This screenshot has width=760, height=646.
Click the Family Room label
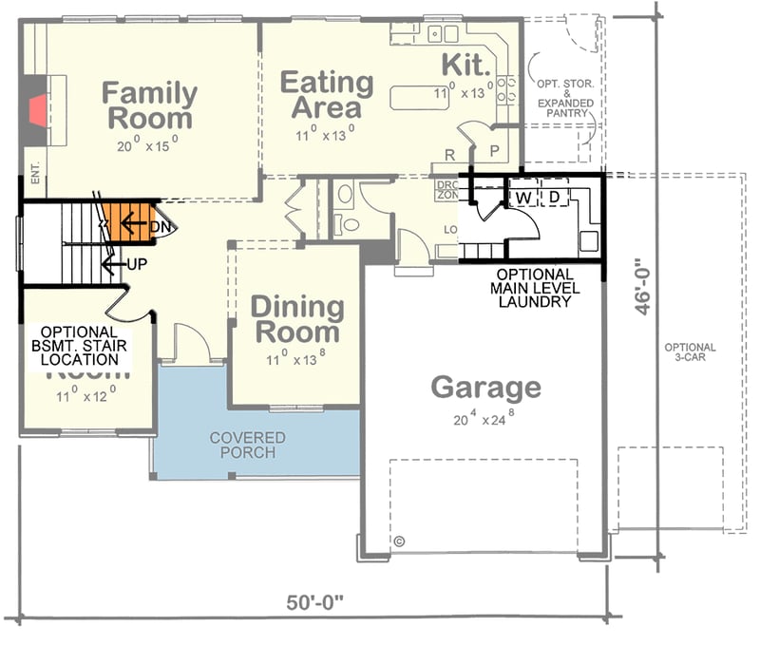coord(149,105)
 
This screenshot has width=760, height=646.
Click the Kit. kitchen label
coord(466,65)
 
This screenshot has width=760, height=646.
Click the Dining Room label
coord(296,319)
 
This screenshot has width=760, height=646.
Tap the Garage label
coord(485,388)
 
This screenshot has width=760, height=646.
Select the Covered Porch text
coord(248,445)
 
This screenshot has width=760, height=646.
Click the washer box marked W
coord(522,197)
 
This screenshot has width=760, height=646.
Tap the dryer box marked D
coord(555,197)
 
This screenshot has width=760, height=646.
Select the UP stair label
coord(137,263)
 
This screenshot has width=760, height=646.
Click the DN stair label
coord(162,228)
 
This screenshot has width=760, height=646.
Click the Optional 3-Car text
coord(691,352)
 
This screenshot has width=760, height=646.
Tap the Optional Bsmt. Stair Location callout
coord(80,345)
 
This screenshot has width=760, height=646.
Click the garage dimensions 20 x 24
coord(486,415)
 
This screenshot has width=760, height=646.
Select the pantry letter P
coord(495,152)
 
